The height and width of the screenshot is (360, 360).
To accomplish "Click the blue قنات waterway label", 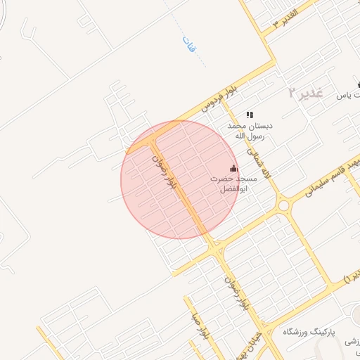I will coord(188,46).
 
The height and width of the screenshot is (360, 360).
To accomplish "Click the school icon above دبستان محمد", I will coord(250,115).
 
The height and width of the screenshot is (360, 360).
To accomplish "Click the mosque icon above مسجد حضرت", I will coord(234,169).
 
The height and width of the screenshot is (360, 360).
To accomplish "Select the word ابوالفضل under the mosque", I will coord(234,190).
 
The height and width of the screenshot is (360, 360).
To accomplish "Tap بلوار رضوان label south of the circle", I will coord(236,292).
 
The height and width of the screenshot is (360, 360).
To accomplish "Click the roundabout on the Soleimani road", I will coord(284,205).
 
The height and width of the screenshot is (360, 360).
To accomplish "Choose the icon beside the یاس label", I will coord(359,85).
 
